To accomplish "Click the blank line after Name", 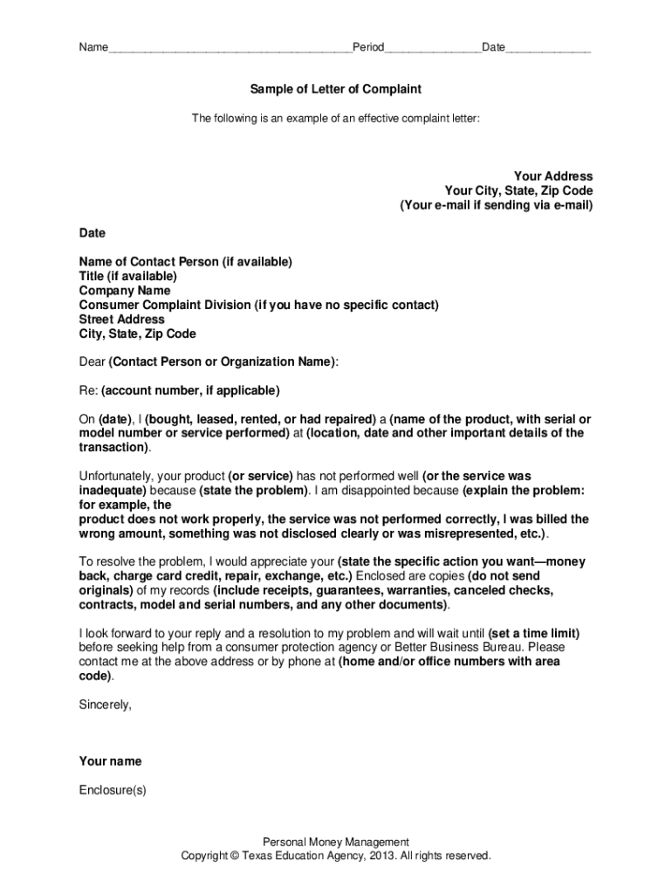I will tap(230, 49).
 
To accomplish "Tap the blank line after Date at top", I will tap(548, 49).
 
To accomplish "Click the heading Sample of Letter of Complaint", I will tap(336, 89).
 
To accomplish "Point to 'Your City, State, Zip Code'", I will tap(518, 190).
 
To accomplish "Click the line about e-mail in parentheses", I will tap(496, 205).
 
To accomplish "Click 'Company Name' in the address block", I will tap(125, 291).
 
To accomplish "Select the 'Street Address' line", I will tap(121, 320).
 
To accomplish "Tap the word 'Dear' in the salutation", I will tap(92, 361).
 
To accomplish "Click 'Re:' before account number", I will tap(88, 389).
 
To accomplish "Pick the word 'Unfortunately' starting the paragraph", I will tap(115, 476).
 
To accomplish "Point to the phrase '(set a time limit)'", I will tap(534, 633).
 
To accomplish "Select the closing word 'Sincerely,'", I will tap(106, 705).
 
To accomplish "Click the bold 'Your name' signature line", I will tap(110, 761).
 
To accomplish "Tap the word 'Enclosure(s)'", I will tap(113, 790).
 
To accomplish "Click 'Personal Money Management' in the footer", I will tap(336, 842).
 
